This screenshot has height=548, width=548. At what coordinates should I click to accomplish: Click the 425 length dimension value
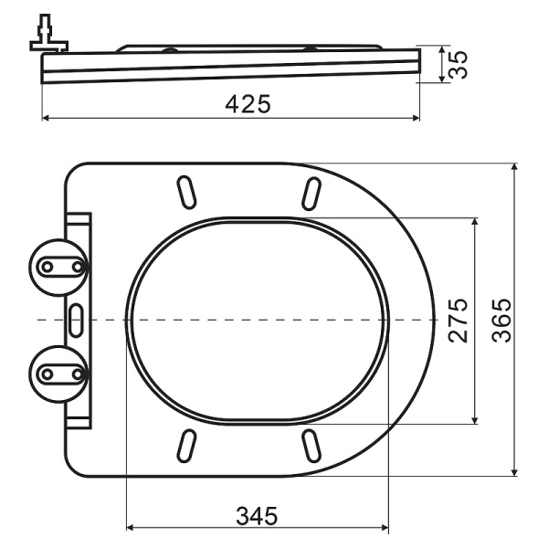coord(248,104)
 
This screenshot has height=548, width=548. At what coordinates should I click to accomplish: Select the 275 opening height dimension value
coord(458,320)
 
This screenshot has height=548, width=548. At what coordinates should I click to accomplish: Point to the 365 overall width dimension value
coord(501,320)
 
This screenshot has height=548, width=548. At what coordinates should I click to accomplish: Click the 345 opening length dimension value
coord(257,515)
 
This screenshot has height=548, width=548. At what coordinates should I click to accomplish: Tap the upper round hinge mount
coord(60,266)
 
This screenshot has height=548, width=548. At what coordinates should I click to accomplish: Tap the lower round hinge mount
coord(60,373)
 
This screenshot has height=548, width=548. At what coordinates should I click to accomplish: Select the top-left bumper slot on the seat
coord(185,193)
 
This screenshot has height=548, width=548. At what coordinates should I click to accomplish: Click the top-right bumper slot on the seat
coord(311,193)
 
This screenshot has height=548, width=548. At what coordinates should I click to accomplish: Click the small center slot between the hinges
coord(76,319)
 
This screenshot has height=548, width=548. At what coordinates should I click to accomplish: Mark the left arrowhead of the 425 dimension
coord(47,118)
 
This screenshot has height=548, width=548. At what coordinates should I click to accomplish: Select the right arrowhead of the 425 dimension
coord(415,118)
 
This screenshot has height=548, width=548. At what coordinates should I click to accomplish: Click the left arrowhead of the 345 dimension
coord(131,528)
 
